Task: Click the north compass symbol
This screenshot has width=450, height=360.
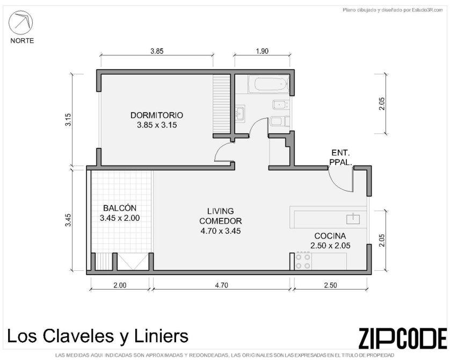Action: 20,23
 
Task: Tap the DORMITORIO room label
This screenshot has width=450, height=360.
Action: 157,115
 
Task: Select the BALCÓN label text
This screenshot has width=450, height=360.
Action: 120,208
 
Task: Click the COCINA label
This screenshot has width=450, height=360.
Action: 330,236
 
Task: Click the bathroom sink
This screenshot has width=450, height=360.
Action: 240,113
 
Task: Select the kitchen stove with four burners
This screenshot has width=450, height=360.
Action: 303,261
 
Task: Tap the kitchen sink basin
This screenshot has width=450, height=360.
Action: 353,219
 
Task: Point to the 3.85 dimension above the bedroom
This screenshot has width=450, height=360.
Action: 157,51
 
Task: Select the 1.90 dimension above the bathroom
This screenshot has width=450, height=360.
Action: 262,51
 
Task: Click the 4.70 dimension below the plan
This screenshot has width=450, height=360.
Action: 221,285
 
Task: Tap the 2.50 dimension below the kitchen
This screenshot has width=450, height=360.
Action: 330,285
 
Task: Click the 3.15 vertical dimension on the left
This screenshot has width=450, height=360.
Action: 68,120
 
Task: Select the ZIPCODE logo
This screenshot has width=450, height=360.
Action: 403,338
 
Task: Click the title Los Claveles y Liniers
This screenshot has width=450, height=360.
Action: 98,336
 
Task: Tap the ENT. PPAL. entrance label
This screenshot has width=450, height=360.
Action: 340,157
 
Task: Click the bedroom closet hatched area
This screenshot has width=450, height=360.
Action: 222,104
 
